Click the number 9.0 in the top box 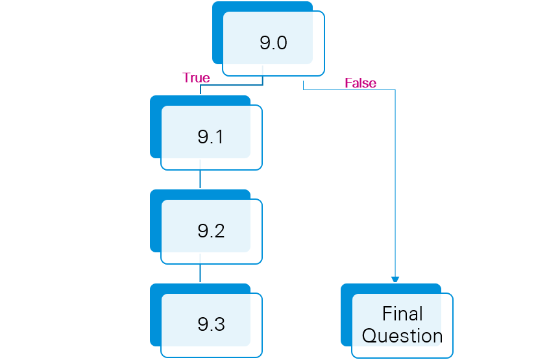coord(273,43)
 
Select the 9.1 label coord(211,138)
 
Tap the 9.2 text coord(211,231)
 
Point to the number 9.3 coord(211,324)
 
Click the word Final coord(402,314)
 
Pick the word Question coord(402,336)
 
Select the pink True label coord(196,78)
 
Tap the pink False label coord(360,83)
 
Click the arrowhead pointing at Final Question coord(395,280)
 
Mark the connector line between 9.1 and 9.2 coord(200,179)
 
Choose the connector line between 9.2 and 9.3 coord(200,273)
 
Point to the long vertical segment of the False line coord(395,182)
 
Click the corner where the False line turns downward coord(395,90)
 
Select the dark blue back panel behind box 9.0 coord(218,32)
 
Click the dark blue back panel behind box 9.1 coord(155,126)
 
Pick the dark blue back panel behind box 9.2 coord(155,221)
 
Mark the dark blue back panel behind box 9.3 coord(155,315)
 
